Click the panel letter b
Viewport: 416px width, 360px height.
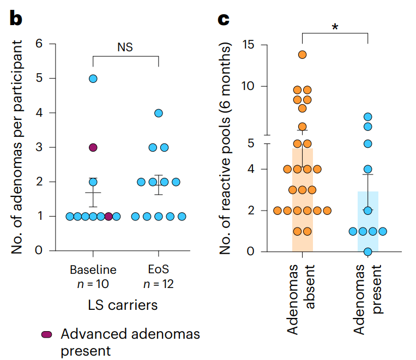pyautogui.click(x=16, y=18)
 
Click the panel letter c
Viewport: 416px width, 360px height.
pyautogui.click(x=223, y=19)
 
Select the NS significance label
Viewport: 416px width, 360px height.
pyautogui.click(x=125, y=47)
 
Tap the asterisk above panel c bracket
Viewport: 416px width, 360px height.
pyautogui.click(x=334, y=27)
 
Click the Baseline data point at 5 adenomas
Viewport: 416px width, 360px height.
pyautogui.click(x=93, y=79)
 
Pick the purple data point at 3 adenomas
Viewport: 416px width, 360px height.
pyautogui.click(x=93, y=147)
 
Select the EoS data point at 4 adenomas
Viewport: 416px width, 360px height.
pyautogui.click(x=159, y=113)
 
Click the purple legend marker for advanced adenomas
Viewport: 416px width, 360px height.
pyautogui.click(x=47, y=334)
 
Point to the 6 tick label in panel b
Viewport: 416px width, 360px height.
pyautogui.click(x=38, y=44)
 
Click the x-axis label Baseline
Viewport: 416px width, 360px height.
pyautogui.click(x=93, y=270)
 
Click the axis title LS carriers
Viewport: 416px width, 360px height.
pyautogui.click(x=125, y=304)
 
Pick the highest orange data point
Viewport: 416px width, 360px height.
pyautogui.click(x=302, y=55)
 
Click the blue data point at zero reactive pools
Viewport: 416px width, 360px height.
pyautogui.click(x=368, y=251)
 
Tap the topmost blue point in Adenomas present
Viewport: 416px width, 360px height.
pyautogui.click(x=368, y=117)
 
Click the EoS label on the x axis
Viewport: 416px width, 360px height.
pyautogui.click(x=158, y=270)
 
